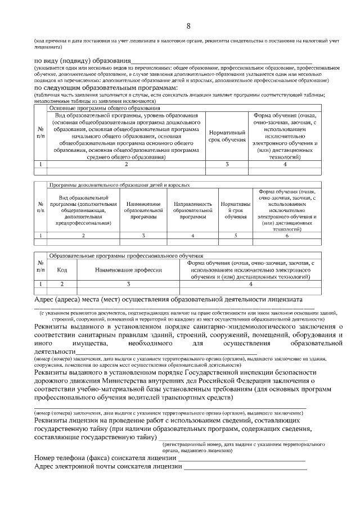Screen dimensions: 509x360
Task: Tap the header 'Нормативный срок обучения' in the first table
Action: pyautogui.click(x=227, y=136)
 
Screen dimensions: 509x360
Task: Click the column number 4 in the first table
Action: pyautogui.click(x=285, y=164)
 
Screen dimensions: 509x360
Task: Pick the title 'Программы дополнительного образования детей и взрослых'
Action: pyautogui.click(x=119, y=184)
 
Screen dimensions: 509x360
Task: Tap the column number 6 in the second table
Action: pyautogui.click(x=287, y=235)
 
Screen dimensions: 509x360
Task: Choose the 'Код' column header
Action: pyautogui.click(x=62, y=270)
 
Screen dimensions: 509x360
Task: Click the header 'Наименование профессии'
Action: pyautogui.click(x=128, y=270)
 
